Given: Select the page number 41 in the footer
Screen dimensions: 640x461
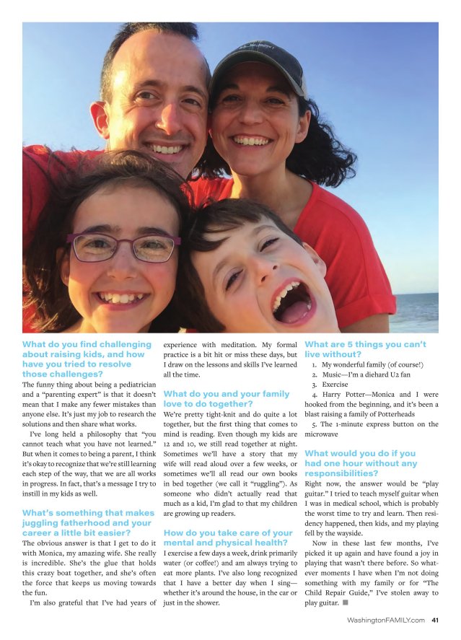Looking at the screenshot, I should coord(435,619).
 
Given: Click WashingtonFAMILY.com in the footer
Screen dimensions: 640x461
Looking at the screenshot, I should coord(385,619).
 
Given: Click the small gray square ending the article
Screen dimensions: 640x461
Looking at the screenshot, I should coord(345,602).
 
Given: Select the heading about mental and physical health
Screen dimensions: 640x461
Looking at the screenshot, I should coord(228,538).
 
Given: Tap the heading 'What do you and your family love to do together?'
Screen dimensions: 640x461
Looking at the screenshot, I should coord(227,399).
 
